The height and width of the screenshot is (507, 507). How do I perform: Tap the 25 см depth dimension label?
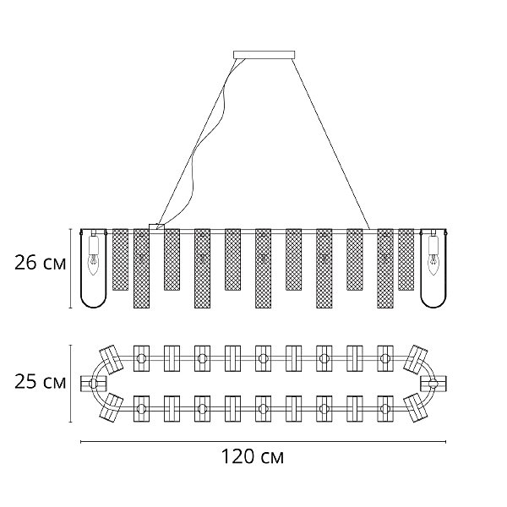pos(40,383)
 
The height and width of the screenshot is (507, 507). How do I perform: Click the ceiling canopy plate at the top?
pos(265,55)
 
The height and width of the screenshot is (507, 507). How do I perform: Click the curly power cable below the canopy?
pos(203,152)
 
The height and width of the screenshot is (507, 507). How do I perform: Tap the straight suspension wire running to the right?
pos(330,144)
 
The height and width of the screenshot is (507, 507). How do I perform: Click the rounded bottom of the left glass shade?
pos(94,300)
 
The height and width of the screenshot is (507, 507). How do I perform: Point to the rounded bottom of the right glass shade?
pos(434,300)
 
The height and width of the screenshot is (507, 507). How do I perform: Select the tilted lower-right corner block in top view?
pos(415,408)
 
